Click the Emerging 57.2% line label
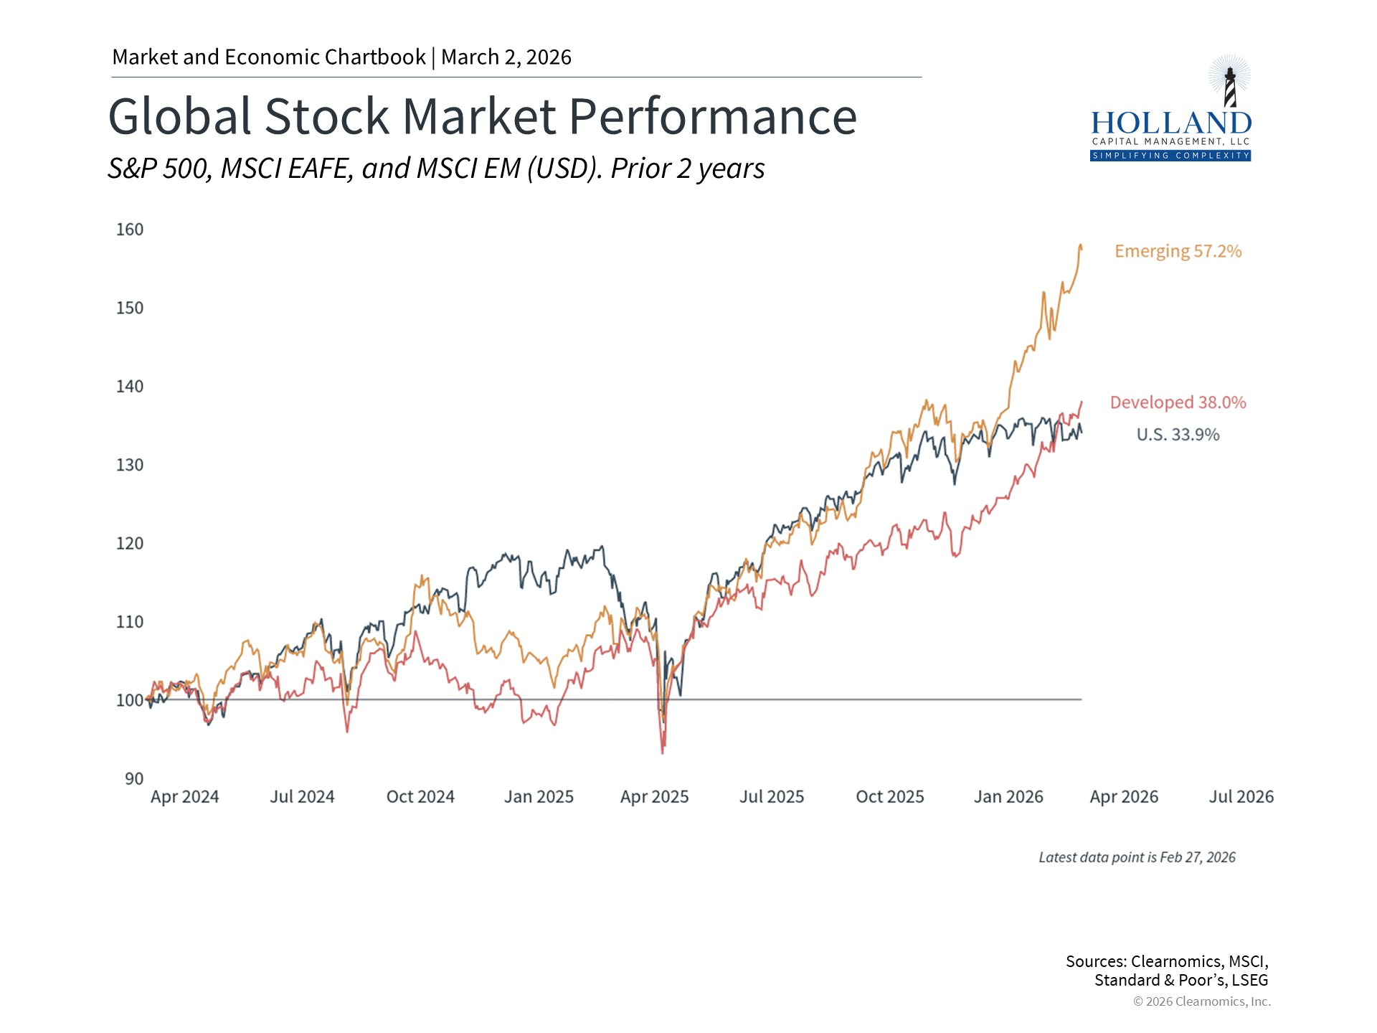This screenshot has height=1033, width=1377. [1178, 251]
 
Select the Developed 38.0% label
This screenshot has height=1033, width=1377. [1178, 402]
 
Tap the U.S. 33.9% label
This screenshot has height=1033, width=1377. [1178, 435]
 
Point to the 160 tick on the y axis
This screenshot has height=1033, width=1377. [130, 230]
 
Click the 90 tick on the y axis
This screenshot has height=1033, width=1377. [134, 778]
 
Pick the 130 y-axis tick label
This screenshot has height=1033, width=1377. [130, 465]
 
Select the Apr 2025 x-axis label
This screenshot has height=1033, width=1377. [654, 797]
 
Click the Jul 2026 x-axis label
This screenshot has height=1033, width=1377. [1241, 797]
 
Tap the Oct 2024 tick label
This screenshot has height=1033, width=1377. [420, 797]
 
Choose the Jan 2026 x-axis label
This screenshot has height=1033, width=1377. [1008, 797]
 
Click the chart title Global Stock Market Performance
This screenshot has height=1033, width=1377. [482, 116]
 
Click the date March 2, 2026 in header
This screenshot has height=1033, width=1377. [506, 57]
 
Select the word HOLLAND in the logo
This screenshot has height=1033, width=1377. [1170, 123]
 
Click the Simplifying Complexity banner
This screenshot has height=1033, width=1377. [1170, 156]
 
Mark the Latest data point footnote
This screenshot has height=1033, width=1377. [1137, 857]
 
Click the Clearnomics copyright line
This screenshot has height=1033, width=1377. [1201, 1001]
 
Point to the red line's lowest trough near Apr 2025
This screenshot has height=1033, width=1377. [663, 752]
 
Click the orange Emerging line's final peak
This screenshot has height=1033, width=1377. [1080, 246]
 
